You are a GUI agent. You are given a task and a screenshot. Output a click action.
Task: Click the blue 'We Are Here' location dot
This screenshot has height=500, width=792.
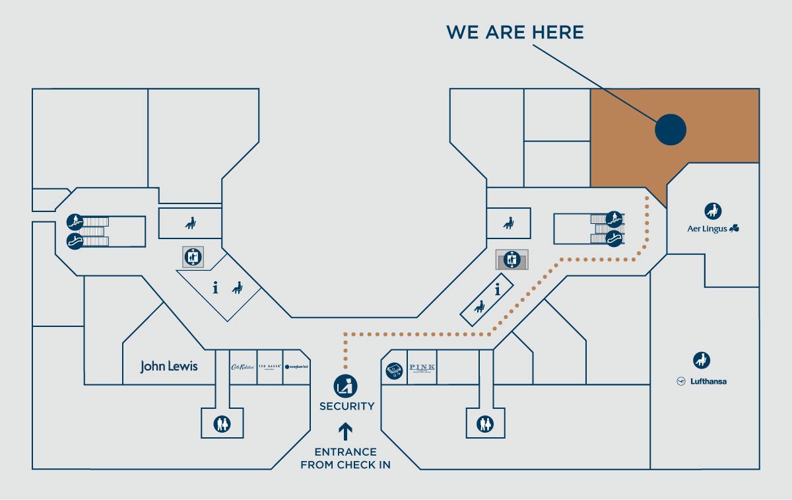[671, 129]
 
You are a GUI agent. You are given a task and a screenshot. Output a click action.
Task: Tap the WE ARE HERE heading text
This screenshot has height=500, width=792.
[515, 32]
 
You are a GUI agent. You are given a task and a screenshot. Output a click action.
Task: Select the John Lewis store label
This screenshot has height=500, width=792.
[168, 367]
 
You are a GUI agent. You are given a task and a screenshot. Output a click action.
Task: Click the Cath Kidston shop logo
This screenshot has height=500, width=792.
[242, 367]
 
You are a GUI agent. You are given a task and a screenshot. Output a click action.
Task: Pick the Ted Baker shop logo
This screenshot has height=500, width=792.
[270, 367]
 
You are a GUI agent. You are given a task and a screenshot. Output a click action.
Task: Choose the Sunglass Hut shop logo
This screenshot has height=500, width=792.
[296, 367]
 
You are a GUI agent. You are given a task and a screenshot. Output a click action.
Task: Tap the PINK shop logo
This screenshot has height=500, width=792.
[421, 368]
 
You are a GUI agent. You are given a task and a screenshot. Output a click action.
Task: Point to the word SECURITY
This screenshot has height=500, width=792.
[347, 406]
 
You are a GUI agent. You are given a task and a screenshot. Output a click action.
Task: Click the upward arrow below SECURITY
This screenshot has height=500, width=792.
[346, 431]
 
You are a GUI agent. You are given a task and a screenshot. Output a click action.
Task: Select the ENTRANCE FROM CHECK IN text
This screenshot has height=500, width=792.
[346, 458]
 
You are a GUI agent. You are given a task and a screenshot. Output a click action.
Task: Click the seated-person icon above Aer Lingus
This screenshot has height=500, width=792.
[713, 211]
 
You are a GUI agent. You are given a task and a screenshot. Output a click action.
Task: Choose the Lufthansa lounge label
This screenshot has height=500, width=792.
[702, 381]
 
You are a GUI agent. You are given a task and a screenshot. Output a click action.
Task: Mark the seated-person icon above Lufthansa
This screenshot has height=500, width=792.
[702, 361]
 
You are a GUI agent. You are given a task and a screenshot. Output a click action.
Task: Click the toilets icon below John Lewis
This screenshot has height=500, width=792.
[222, 423]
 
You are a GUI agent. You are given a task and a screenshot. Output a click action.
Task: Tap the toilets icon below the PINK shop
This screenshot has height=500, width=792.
[486, 423]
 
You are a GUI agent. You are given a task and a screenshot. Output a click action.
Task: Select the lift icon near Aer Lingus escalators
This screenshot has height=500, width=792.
[511, 260]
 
